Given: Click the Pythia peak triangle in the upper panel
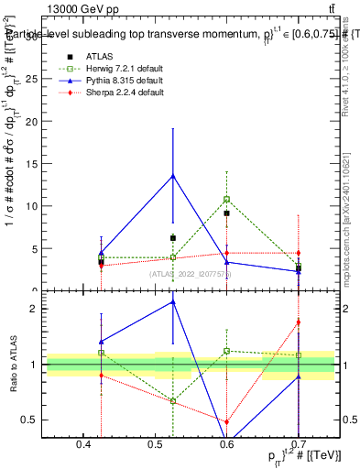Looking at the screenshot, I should [x=172, y=176].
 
